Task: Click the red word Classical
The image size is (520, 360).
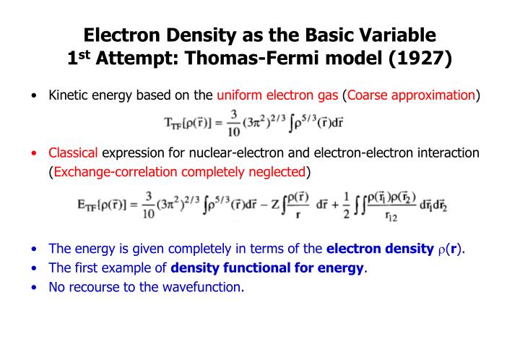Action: pos(74,153)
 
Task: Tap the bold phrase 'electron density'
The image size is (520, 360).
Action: pos(381,249)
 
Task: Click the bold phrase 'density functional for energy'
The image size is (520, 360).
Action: pos(268,268)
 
